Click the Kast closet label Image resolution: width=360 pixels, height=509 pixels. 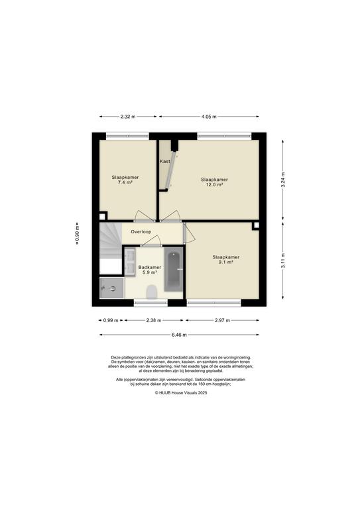165,161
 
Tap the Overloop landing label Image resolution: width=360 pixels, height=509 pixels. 141,232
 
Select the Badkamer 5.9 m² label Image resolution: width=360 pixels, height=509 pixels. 150,270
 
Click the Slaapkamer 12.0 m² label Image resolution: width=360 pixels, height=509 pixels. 214,182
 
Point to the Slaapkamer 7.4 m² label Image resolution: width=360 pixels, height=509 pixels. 125,180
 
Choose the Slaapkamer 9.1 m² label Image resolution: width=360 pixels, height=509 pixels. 226,259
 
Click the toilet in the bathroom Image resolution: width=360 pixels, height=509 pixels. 152,292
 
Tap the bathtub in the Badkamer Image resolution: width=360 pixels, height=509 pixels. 174,270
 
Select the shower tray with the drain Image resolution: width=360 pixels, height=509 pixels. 111,288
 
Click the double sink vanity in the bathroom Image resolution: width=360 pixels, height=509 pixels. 130,262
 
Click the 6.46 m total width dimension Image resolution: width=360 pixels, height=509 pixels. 179,335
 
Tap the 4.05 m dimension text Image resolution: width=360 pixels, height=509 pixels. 209,117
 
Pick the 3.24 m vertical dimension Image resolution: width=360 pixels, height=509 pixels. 283,180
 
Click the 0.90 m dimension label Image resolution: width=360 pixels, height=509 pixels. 78,233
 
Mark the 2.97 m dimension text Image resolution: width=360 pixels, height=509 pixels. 222,320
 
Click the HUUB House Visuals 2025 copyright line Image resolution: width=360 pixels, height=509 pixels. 181,392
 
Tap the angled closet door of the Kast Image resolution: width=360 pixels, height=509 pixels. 172,172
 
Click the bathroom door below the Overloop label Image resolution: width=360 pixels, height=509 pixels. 151,241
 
